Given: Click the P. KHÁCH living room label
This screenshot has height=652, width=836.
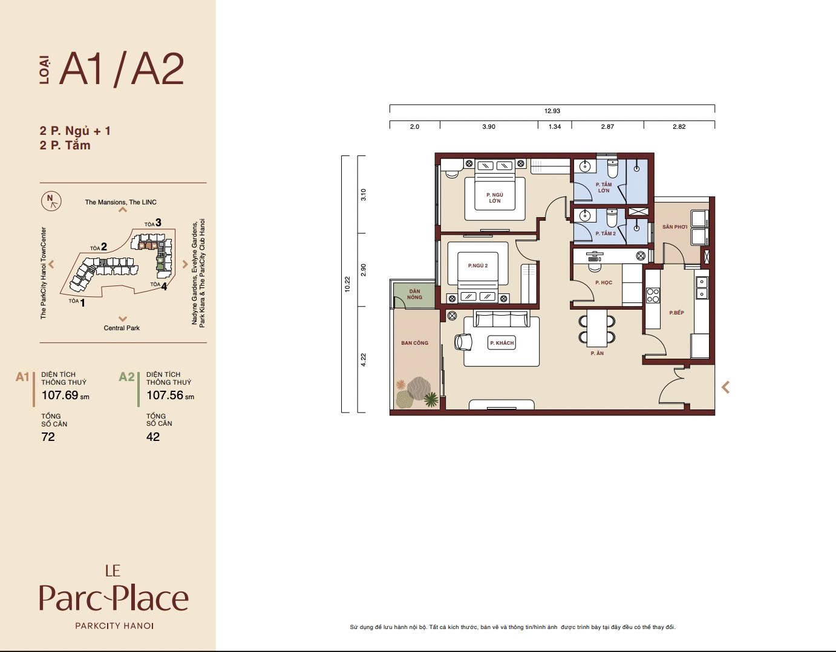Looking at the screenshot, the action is (501, 343).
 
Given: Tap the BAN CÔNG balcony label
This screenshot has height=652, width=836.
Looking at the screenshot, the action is (414, 343).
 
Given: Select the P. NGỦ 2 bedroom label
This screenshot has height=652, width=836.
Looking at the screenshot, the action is (477, 266).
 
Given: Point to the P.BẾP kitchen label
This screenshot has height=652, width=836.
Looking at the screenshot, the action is (676, 313).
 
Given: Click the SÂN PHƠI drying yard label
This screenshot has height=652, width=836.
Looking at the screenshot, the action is (674, 227).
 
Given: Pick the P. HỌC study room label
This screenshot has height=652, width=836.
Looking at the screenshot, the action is (604, 282).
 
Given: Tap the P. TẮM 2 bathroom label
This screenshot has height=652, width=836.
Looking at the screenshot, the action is (606, 233).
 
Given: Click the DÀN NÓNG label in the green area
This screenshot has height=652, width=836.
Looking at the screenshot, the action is (414, 294).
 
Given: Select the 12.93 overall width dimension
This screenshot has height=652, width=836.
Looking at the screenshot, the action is (552, 111).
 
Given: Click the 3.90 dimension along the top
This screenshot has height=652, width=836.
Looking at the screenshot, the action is (489, 126).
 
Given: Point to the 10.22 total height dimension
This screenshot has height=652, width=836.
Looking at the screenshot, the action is (347, 284).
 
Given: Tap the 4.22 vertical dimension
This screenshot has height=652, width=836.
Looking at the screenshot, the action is (364, 360).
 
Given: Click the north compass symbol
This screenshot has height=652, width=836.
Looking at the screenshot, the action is (51, 201).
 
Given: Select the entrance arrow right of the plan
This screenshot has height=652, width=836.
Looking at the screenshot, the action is (725, 387).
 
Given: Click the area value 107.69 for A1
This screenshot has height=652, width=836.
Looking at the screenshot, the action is (60, 395).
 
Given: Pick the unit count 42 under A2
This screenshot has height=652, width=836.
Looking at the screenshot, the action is (152, 437).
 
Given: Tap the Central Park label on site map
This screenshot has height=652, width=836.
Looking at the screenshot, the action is (122, 328).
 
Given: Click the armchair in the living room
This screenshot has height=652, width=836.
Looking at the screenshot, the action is (463, 342).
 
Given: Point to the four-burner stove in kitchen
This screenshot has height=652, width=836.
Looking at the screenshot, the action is (653, 295).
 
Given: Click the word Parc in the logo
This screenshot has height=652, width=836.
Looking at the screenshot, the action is (70, 598).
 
